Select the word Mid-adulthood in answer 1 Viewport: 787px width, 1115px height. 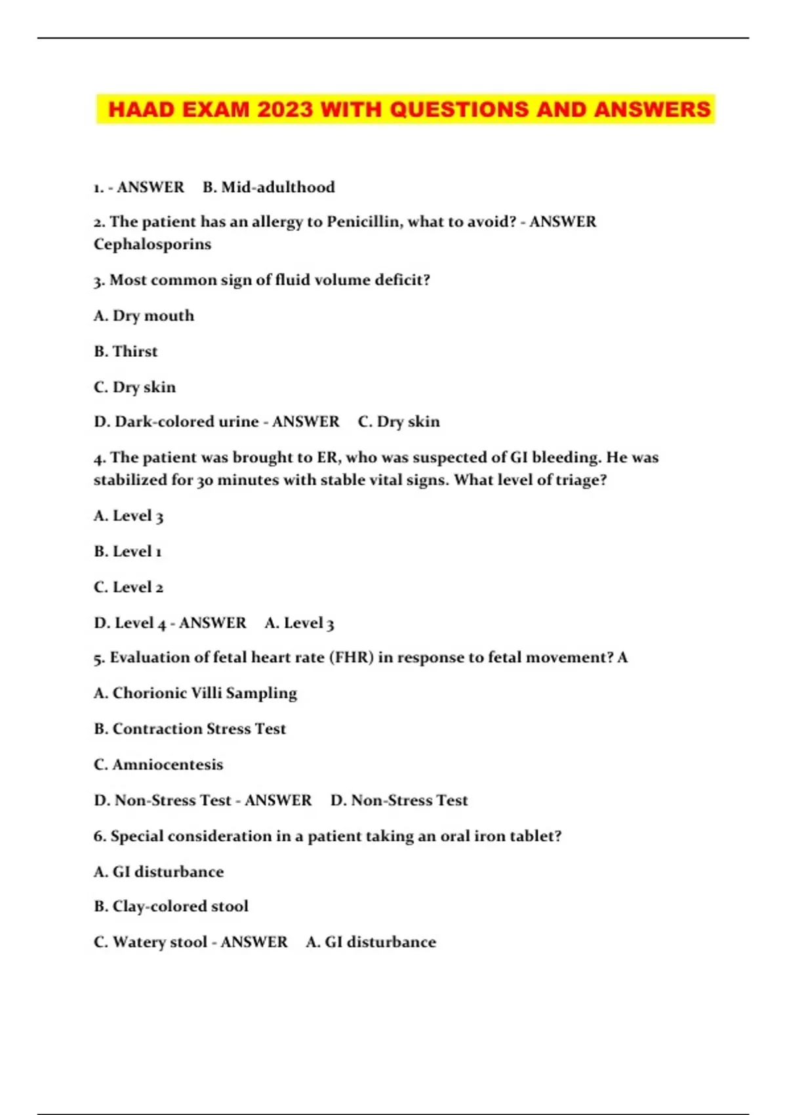click(278, 188)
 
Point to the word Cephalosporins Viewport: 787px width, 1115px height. click(152, 244)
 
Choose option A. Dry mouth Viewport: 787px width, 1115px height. click(144, 316)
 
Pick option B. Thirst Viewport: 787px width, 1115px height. click(126, 352)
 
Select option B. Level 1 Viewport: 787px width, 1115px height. click(128, 552)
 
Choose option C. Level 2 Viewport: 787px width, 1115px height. click(129, 587)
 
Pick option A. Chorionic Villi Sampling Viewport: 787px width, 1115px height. click(195, 693)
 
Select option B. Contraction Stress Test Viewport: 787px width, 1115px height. click(190, 729)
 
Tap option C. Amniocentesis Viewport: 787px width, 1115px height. click(159, 765)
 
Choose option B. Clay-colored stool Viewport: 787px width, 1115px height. click(171, 906)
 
